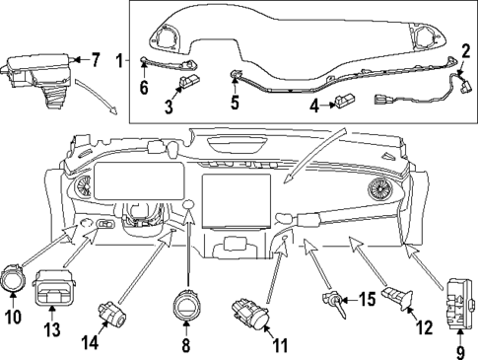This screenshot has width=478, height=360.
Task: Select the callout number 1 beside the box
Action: click(x=119, y=61)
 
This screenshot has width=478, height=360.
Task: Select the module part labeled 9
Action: click(x=460, y=295)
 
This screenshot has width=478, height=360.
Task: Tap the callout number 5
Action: click(x=234, y=101)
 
